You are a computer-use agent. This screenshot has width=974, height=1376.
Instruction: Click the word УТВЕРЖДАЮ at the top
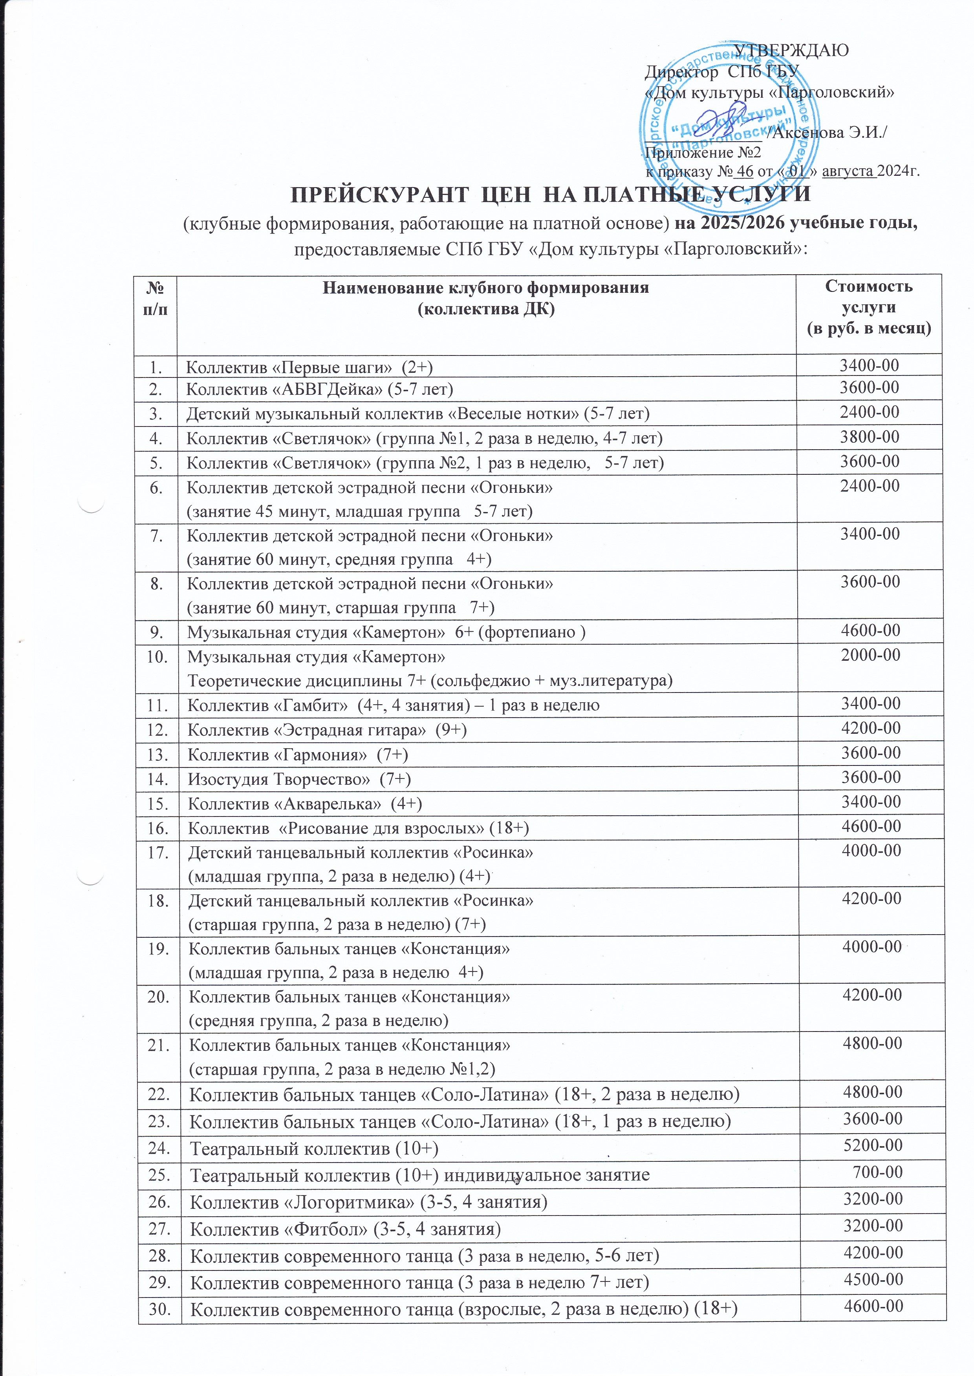tap(792, 50)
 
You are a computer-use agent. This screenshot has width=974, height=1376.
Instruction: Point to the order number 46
tap(745, 171)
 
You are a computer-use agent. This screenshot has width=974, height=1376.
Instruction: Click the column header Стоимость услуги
tap(868, 297)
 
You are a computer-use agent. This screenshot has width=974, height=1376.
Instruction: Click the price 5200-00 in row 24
tap(873, 1145)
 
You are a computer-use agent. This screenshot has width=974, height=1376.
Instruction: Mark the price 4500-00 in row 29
tap(873, 1279)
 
